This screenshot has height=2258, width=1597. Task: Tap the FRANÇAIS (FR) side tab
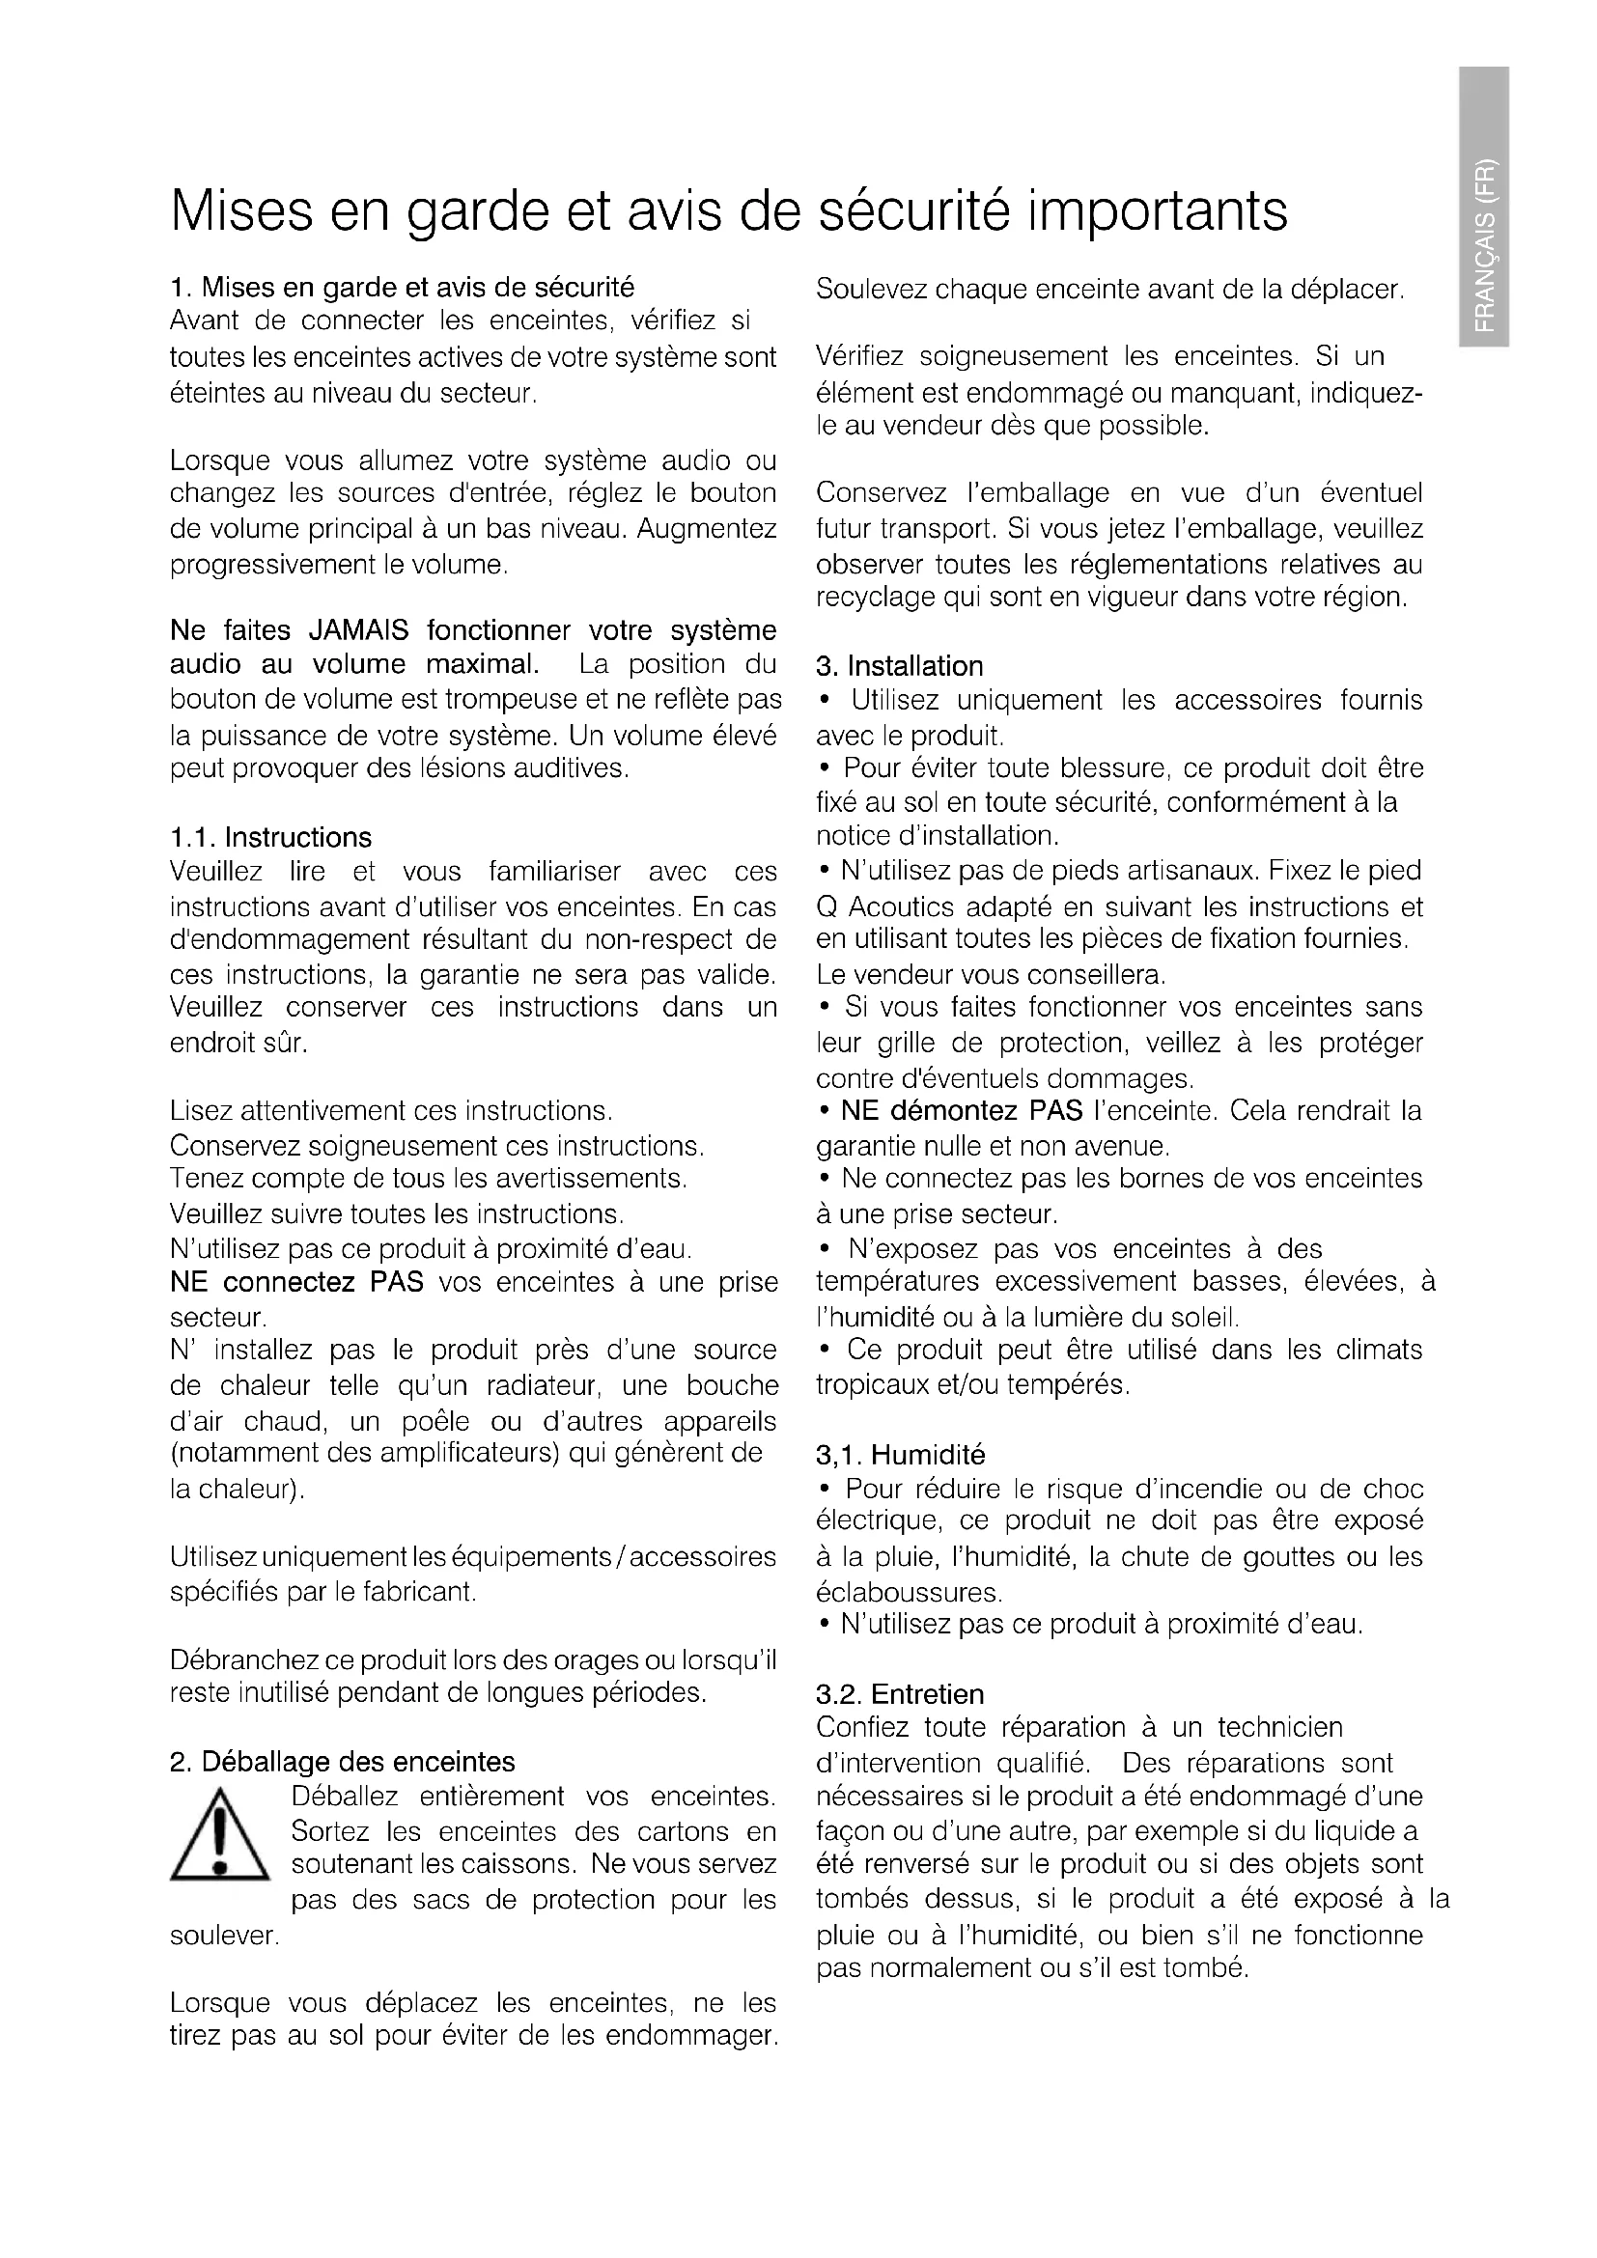point(1483,205)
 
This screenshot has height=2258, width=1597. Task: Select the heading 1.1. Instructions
point(270,838)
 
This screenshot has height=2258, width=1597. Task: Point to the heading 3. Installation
point(899,667)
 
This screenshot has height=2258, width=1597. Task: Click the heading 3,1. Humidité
point(900,1455)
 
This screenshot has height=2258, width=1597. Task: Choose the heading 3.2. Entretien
point(899,1693)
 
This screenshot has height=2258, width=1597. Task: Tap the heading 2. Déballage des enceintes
point(342,1762)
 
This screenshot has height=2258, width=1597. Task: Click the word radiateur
point(541,1385)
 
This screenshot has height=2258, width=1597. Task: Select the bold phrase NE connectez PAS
point(297,1282)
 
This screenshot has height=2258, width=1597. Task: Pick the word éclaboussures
point(908,1591)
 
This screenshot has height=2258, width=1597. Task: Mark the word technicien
point(1280,1727)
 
